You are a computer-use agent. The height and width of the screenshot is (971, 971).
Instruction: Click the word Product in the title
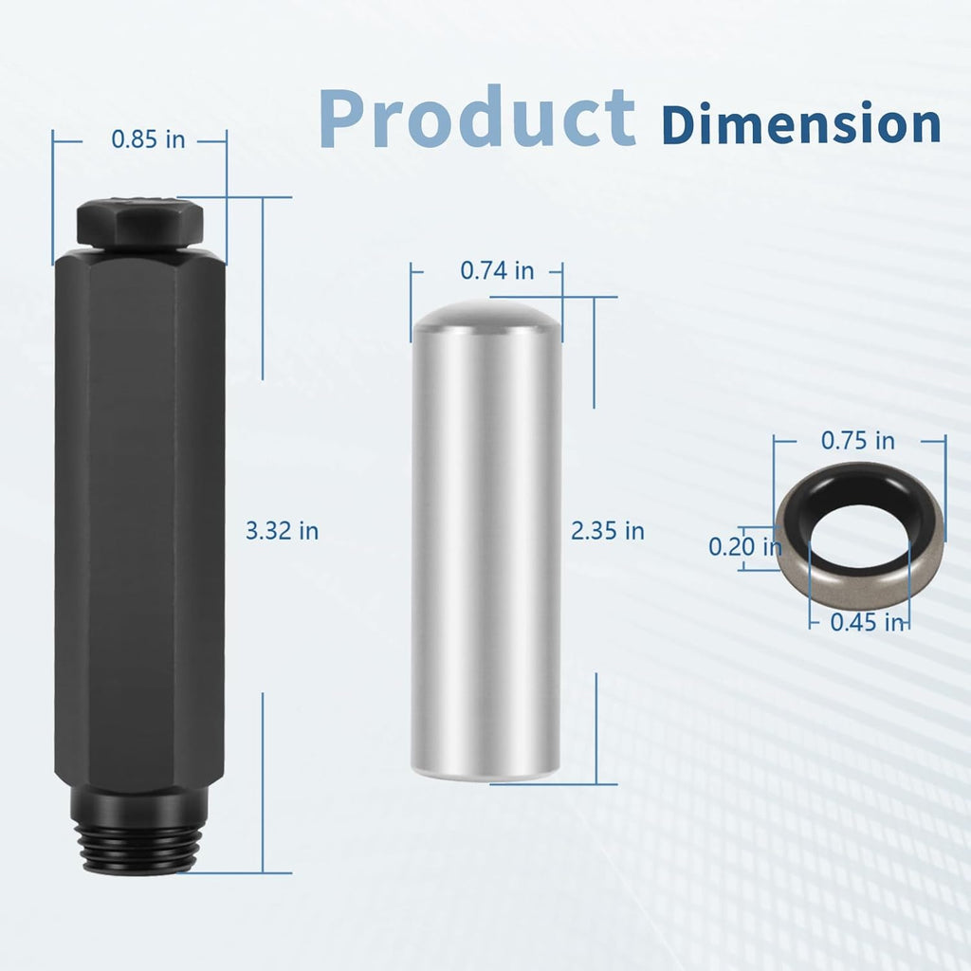477,118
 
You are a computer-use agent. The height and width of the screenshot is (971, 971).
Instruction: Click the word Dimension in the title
801,123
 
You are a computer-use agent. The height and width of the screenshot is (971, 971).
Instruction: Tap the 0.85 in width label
148,139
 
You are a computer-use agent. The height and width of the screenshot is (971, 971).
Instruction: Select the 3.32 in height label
282,531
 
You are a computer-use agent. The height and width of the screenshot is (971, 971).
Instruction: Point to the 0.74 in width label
497,270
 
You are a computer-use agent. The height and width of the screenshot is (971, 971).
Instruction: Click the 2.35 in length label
608,531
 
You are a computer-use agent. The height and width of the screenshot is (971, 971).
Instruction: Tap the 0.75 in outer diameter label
857,441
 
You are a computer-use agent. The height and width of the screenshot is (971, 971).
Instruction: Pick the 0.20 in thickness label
745,547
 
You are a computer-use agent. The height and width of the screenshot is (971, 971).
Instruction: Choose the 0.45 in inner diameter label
867,622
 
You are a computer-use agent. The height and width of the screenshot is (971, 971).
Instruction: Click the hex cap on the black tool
140,221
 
